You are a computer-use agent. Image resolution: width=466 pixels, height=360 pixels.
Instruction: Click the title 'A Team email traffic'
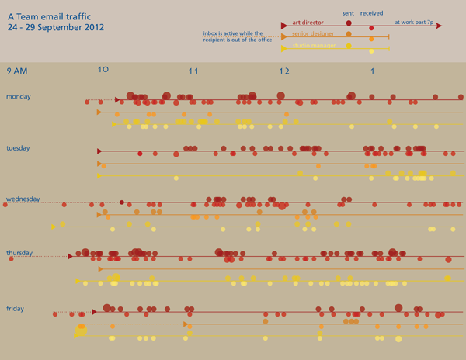point(47,15)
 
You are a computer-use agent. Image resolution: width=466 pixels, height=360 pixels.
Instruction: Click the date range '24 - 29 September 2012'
point(55,26)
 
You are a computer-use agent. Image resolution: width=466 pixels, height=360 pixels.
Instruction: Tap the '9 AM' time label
point(17,71)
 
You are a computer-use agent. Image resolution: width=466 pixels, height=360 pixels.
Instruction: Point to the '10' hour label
point(103,70)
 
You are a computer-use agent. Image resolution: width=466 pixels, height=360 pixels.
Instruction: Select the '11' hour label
point(194,71)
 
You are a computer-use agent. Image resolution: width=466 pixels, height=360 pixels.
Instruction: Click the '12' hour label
point(284,71)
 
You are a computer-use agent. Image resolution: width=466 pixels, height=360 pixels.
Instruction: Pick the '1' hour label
point(373,71)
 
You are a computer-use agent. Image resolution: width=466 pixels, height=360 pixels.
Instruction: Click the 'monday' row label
point(19,96)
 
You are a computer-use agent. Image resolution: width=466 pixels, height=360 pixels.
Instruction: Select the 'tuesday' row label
point(19,147)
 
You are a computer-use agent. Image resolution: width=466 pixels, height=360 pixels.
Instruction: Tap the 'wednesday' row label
point(23,199)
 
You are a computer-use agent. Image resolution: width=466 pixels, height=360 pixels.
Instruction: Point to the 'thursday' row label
point(20,253)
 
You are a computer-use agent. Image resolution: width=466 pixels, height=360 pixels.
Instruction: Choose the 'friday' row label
point(16,309)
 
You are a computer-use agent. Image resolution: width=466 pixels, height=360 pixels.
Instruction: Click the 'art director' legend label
point(308,22)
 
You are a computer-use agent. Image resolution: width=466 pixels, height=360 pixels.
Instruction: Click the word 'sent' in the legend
point(348,13)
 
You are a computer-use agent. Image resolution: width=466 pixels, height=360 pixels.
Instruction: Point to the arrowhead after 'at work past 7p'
point(439,26)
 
